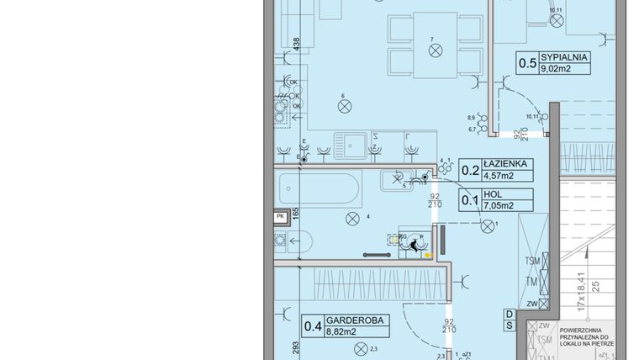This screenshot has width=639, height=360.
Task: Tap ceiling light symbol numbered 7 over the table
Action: pyautogui.click(x=435, y=50)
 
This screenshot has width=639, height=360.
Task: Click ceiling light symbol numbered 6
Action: pyautogui.click(x=344, y=106)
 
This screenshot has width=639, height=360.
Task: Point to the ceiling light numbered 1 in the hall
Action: pyautogui.click(x=487, y=225)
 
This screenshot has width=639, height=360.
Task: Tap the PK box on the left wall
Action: pyautogui.click(x=280, y=216)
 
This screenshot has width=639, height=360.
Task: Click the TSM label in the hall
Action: pyautogui.click(x=531, y=261)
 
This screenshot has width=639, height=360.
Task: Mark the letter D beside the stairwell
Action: pyautogui.click(x=510, y=315)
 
